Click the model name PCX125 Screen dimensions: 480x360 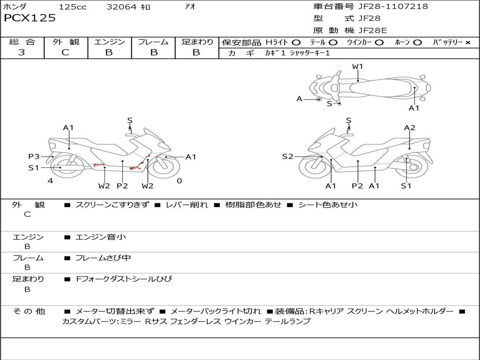[x=30, y=18]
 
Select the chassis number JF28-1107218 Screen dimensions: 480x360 [x=393, y=6]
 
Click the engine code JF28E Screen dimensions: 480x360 [x=373, y=30]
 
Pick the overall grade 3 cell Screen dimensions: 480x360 [x=22, y=52]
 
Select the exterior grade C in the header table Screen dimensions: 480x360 [x=65, y=52]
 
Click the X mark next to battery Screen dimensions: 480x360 [x=468, y=43]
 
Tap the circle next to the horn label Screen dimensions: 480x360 [x=417, y=43]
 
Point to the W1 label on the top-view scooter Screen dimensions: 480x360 [x=357, y=66]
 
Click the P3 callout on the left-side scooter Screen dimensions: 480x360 [x=34, y=157]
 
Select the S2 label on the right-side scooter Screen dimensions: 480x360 [x=287, y=157]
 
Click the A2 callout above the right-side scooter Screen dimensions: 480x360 [x=410, y=127]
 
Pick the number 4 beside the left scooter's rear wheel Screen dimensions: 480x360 [x=50, y=180]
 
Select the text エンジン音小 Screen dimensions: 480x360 [x=101, y=237]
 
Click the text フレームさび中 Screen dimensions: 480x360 [x=103, y=258]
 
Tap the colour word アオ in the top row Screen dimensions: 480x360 [x=190, y=7]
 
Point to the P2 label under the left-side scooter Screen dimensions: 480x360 [x=122, y=186]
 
